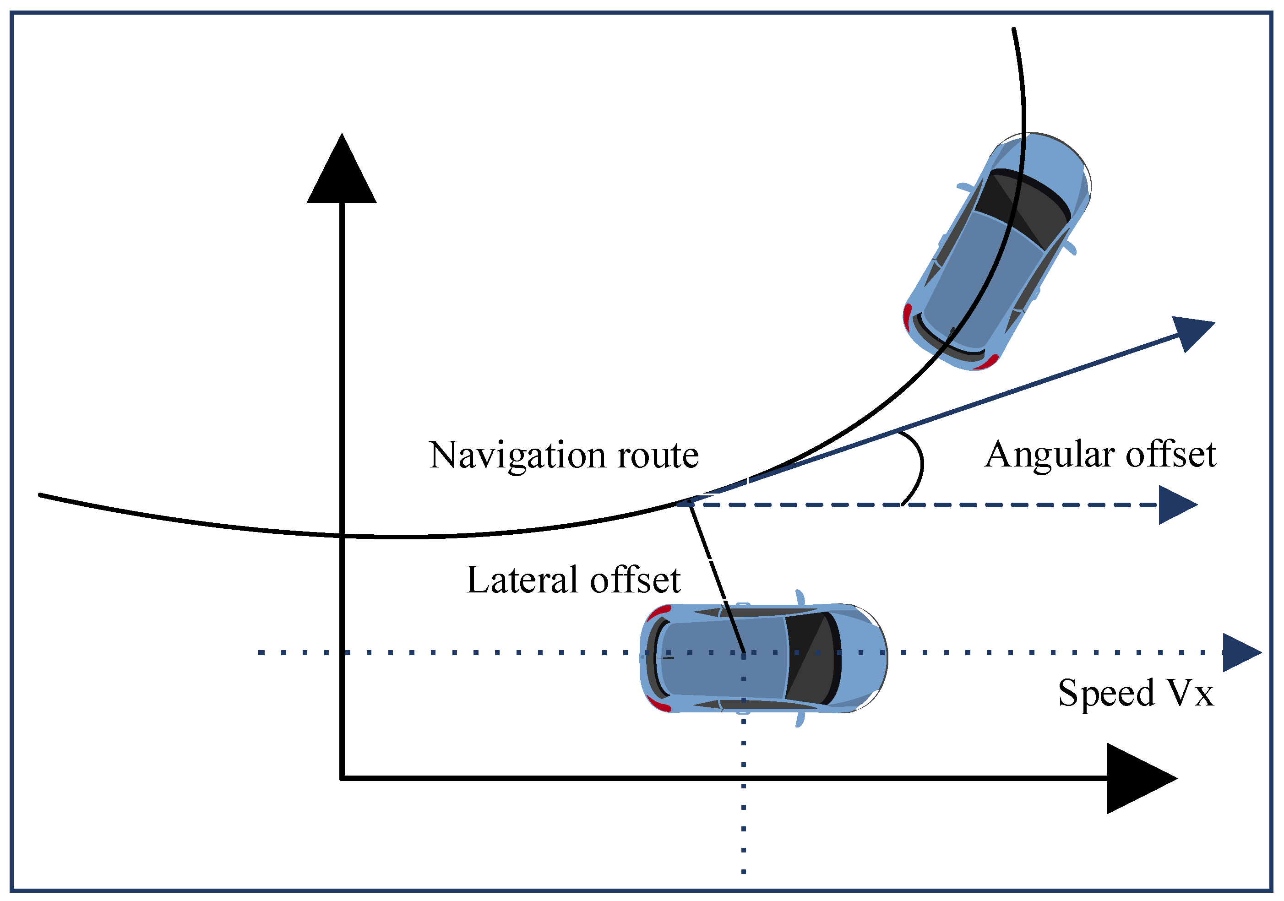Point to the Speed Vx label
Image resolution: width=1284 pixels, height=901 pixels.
1135,693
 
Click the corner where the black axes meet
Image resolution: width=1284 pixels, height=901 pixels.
342,778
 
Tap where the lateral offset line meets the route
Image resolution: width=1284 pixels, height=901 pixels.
690,502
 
